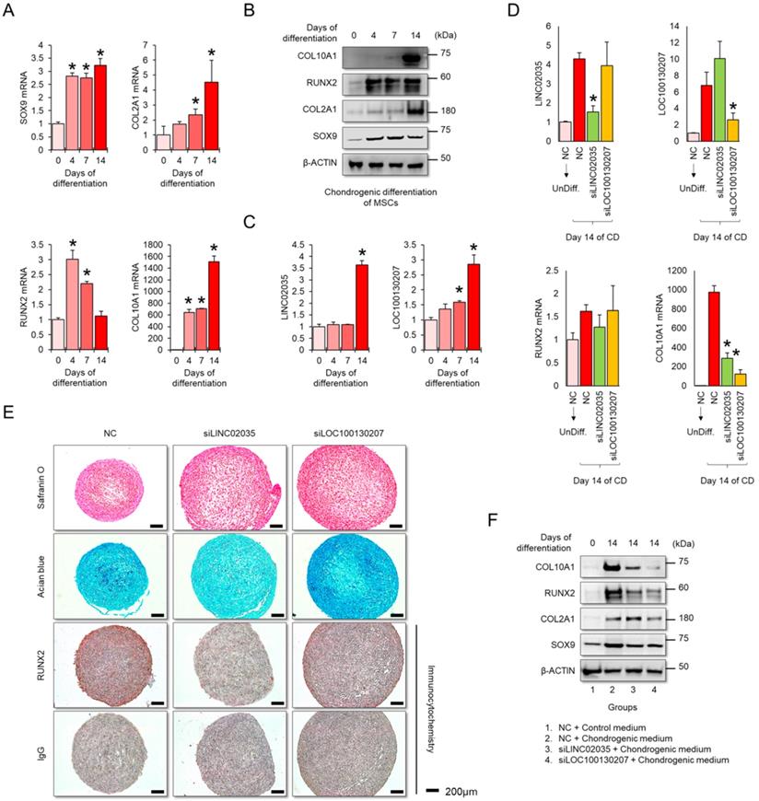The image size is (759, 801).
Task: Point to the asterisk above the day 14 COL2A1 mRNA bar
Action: click(x=211, y=52)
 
